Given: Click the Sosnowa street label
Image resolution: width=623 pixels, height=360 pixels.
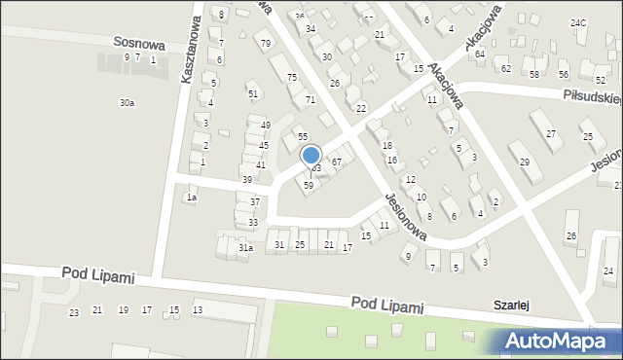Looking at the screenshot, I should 138,44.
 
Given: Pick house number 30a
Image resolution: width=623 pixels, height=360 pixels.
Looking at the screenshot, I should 127,102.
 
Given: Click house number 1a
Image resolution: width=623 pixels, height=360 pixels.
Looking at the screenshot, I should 192,198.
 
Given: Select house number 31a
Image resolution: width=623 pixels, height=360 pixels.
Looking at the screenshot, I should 245,248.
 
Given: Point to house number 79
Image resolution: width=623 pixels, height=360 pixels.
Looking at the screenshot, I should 266,43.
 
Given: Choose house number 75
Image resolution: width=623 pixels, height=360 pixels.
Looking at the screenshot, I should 291,77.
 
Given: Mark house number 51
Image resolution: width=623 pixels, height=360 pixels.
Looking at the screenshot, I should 253,93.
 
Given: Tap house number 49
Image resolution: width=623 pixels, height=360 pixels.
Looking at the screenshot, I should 264,125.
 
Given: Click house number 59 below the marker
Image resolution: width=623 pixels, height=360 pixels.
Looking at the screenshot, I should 309,185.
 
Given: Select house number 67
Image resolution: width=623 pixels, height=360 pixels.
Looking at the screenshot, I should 337,162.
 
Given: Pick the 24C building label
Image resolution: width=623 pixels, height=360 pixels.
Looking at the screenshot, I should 578,22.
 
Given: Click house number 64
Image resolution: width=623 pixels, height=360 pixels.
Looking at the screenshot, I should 480,54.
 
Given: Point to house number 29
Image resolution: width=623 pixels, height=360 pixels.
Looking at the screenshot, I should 525,162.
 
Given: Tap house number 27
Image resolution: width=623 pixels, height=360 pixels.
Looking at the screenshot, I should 551,133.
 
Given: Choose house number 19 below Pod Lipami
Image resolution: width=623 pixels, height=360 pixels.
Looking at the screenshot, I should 123,309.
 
